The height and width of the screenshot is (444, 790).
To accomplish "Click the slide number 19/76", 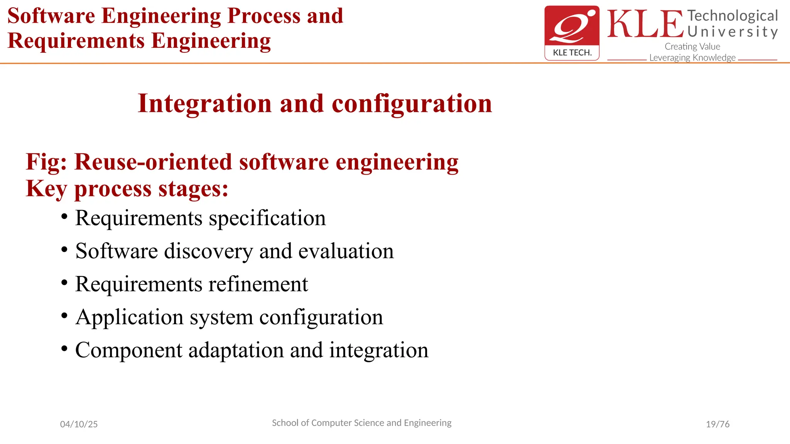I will coord(717,424).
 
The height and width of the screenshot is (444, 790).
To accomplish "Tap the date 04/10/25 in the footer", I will coord(79,424).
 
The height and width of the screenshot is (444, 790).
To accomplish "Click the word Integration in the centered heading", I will coord(205,104).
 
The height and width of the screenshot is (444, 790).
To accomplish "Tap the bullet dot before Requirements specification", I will coord(64,216).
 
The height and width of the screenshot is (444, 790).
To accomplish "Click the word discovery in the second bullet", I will coord(209,251).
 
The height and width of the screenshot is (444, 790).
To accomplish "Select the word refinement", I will coord(258,284).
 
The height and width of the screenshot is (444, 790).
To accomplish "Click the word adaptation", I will coord(236,350).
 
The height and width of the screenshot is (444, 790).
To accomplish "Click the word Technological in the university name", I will coord(733,16).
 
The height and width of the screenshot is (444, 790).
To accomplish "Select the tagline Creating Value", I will coord(692,47).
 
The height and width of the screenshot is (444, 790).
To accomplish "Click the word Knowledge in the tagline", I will coord(714,58).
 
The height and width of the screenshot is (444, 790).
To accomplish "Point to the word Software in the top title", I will coord(51,16).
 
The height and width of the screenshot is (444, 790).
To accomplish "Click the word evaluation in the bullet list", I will coord(346,251).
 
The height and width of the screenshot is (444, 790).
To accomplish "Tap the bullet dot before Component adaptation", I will coord(64,348).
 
